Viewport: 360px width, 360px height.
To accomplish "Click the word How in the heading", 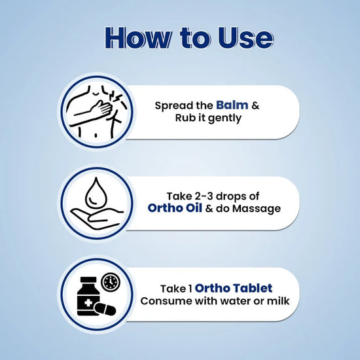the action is [x=138, y=38].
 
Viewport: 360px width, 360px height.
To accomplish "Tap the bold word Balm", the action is [x=232, y=105].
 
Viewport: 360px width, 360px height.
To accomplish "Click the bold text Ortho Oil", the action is [x=175, y=208].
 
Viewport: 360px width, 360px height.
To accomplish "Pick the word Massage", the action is [x=257, y=209].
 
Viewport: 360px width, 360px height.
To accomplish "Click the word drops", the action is [x=231, y=197].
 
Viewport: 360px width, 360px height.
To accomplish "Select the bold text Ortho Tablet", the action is [x=234, y=288].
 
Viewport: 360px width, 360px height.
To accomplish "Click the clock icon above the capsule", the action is [x=111, y=281].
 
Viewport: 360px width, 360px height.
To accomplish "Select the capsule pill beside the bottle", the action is [x=105, y=309].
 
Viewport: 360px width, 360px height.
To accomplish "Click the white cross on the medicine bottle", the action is [x=88, y=303].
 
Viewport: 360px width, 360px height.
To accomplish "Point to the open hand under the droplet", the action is [x=96, y=218].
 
